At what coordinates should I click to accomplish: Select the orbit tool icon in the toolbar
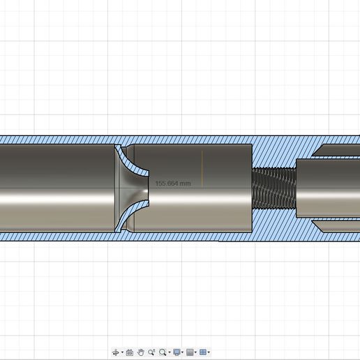click(x=116, y=352)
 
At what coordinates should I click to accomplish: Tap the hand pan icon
click(x=140, y=352)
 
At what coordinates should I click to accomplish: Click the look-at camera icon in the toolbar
click(x=129, y=352)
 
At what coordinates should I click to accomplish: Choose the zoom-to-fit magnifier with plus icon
click(x=151, y=352)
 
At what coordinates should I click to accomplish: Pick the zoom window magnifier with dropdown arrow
click(x=163, y=352)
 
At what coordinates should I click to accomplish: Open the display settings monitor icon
click(x=177, y=352)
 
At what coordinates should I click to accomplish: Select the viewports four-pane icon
click(x=203, y=352)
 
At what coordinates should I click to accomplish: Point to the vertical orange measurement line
click(x=202, y=168)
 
